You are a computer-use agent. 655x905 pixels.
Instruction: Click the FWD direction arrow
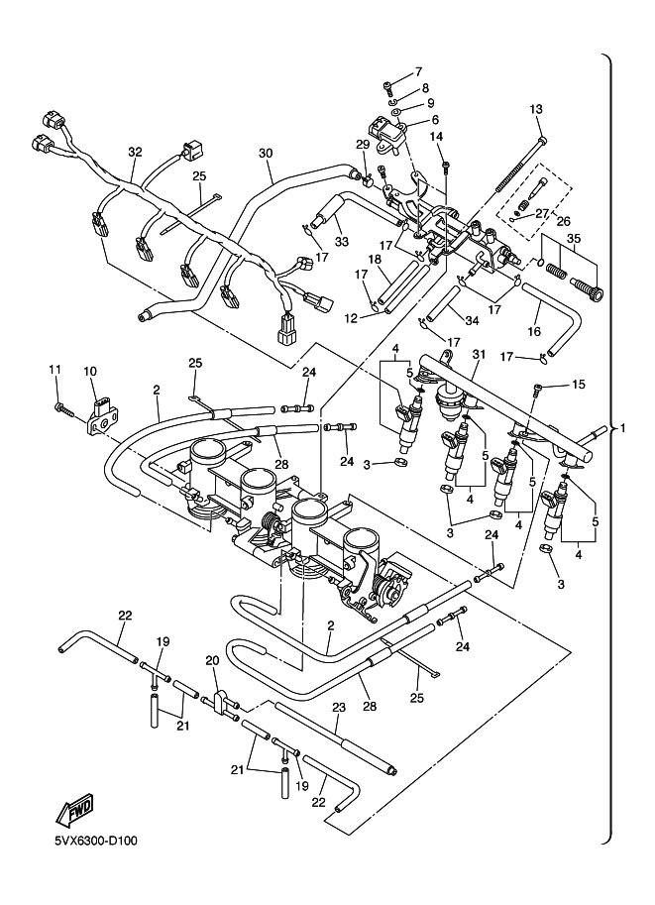pos(74,808)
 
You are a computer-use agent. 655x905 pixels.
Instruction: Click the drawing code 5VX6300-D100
pos(96,841)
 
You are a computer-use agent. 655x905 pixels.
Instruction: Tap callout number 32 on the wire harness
pos(135,152)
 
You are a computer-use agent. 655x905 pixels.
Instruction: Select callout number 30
pos(265,153)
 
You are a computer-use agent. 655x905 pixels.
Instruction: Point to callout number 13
pos(536,108)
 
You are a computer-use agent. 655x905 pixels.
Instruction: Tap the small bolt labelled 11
pos(63,409)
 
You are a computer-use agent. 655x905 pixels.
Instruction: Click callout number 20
pos(213,661)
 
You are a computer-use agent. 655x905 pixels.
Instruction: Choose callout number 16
pos(534,331)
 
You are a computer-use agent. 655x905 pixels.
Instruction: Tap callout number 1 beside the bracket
pos(622,428)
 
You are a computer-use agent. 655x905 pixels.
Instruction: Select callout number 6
pos(435,120)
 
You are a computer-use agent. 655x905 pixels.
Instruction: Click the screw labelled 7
pos(387,88)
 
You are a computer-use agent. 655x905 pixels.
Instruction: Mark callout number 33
pos(342,242)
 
